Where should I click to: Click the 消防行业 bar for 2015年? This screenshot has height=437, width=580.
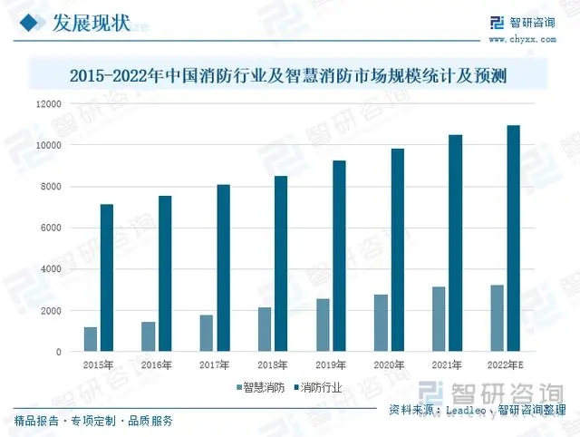pos(107,277)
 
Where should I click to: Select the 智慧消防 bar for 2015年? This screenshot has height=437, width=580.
pos(91,339)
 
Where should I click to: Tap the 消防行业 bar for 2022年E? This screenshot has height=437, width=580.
pos(513,238)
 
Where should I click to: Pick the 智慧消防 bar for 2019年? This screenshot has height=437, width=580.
pos(323,325)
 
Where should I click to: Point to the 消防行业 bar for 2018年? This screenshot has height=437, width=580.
pos(281,264)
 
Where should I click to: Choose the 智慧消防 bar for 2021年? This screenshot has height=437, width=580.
pos(439,319)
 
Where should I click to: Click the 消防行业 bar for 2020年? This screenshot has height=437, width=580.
pos(397,250)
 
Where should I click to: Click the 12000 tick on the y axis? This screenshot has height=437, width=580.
pos(48,103)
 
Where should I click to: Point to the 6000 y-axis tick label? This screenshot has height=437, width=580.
pos(51,228)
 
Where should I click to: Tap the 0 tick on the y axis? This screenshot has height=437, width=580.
pos(59,352)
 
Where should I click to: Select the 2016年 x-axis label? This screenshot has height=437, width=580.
pos(157,364)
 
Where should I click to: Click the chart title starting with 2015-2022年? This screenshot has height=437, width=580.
pos(287,77)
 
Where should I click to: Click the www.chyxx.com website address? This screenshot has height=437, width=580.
pos(522,40)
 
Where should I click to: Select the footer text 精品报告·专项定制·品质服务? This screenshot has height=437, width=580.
pos(93,421)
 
